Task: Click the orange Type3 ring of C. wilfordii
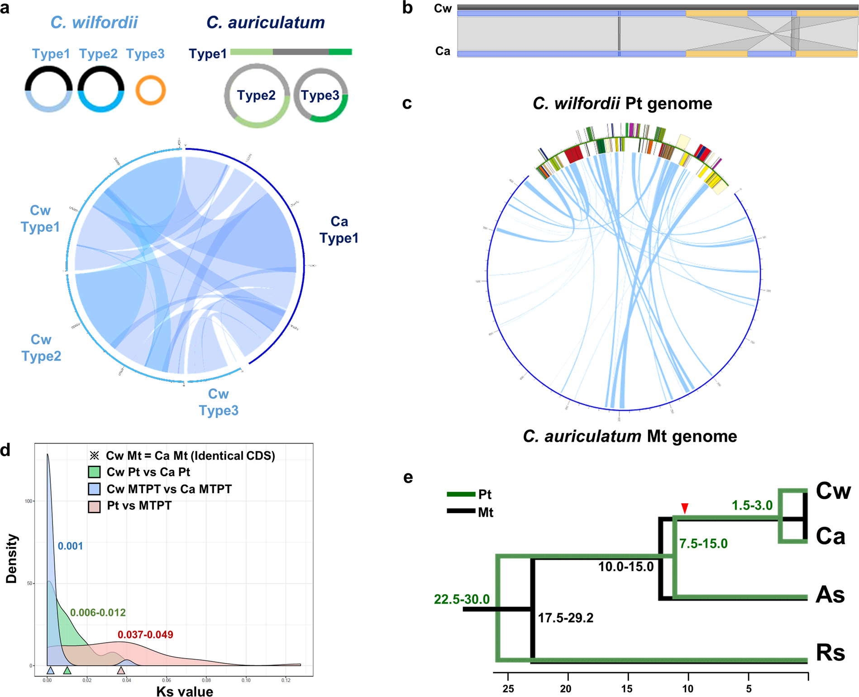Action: pyautogui.click(x=151, y=77)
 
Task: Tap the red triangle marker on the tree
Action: pyautogui.click(x=685, y=508)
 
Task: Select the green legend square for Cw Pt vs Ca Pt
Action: pyautogui.click(x=94, y=472)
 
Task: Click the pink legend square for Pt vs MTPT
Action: pyautogui.click(x=94, y=506)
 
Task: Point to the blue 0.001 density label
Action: pyautogui.click(x=70, y=546)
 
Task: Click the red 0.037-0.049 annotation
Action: pyautogui.click(x=145, y=635)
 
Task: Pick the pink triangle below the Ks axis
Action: pyautogui.click(x=121, y=670)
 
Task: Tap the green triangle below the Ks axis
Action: pyautogui.click(x=67, y=670)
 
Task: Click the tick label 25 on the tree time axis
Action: pyautogui.click(x=508, y=688)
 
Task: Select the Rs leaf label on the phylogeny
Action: pyautogui.click(x=830, y=653)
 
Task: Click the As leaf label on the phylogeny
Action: pyautogui.click(x=830, y=595)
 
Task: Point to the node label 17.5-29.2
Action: pyautogui.click(x=565, y=618)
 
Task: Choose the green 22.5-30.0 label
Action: pyautogui.click(x=462, y=599)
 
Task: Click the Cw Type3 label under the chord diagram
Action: pyautogui.click(x=219, y=402)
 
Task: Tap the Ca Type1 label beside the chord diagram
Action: pyautogui.click(x=339, y=230)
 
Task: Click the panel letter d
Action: pyautogui.click(x=5, y=450)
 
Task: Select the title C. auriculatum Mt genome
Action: pyautogui.click(x=630, y=436)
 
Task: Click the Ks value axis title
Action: pyautogui.click(x=185, y=691)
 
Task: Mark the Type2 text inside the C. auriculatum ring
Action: pyautogui.click(x=256, y=95)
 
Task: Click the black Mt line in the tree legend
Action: pyautogui.click(x=461, y=511)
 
